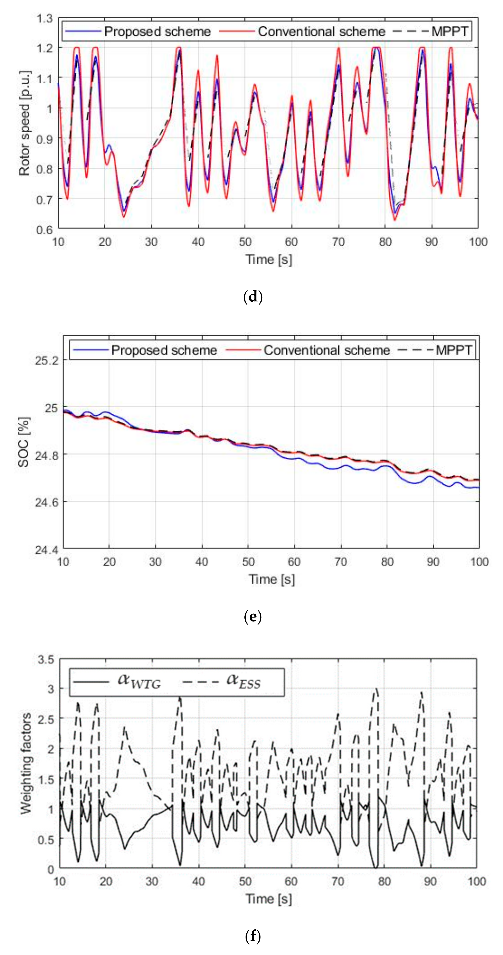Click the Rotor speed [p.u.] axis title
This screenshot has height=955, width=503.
[x=25, y=123]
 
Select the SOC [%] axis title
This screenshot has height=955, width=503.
[x=24, y=442]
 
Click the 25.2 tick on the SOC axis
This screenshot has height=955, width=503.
[x=47, y=360]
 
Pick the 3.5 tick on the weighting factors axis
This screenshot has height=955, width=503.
[x=46, y=660]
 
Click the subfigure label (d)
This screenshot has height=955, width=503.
[x=253, y=297]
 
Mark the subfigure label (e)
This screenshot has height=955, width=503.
[x=253, y=617]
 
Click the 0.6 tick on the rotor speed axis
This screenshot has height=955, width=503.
[x=45, y=230]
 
